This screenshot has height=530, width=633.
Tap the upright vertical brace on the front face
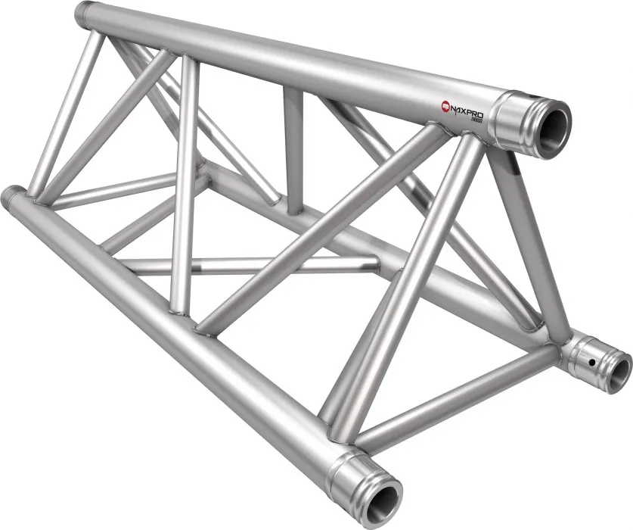point(184,189)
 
